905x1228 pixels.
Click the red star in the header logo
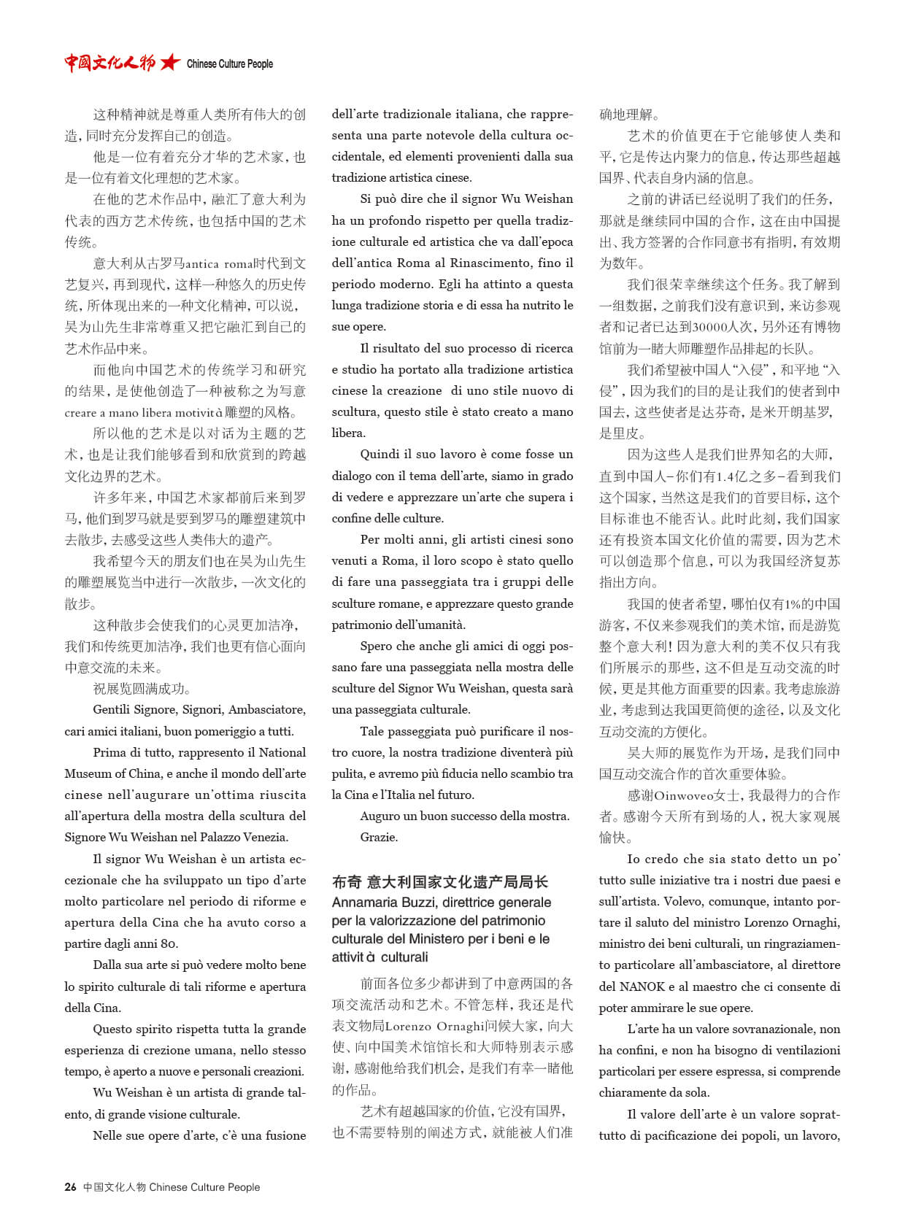coord(170,63)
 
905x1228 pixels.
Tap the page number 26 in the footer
coord(70,1186)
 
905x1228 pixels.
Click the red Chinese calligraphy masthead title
coord(109,63)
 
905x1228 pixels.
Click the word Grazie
coord(379,837)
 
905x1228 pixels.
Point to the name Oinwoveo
coord(684,795)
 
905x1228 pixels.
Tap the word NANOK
coord(642,986)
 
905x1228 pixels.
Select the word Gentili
coord(115,709)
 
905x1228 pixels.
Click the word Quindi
coord(380,454)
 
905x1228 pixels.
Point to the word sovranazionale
coord(776,1029)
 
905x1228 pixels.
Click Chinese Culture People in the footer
coord(204,1187)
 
